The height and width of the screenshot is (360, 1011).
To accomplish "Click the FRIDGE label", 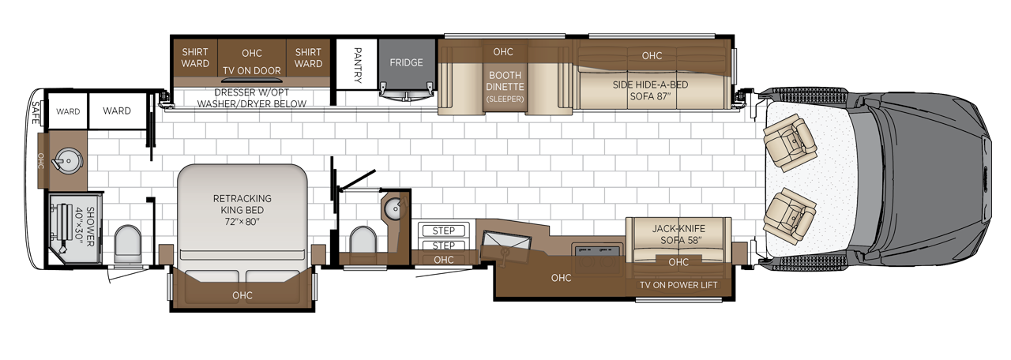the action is point(406,62).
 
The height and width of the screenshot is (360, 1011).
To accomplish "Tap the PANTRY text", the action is point(358,66).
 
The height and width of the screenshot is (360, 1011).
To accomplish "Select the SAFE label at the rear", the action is point(36,112).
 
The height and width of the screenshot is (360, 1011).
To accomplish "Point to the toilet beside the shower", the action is point(128,244).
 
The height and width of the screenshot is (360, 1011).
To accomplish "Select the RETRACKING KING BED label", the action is point(242,210).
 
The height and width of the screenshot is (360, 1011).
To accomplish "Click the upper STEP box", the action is point(444,231).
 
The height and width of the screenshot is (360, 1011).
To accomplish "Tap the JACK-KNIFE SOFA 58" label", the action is point(678,234).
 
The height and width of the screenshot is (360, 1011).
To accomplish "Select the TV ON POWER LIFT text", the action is point(678,285).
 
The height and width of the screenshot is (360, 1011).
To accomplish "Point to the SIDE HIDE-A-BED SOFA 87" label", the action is point(650,90).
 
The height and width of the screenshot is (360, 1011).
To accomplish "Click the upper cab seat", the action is point(790,142).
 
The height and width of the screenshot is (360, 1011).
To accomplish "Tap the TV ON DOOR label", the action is point(252,71).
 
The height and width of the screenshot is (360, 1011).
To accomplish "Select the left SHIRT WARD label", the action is point(195,58).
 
